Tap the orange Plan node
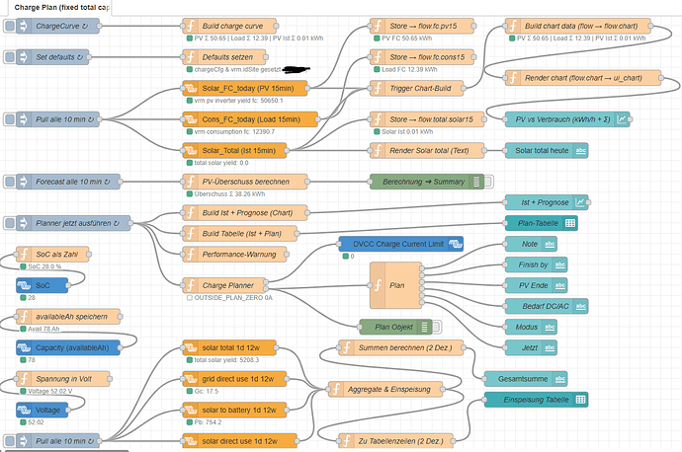point(396,285)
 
